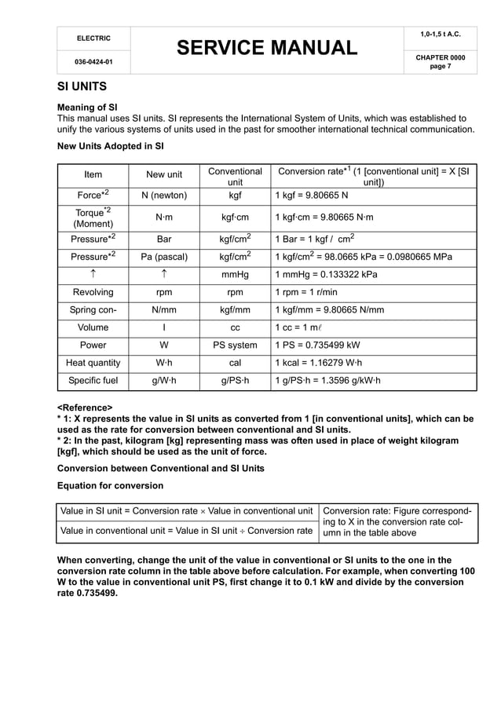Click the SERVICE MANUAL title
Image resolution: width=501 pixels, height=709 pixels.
[266, 49]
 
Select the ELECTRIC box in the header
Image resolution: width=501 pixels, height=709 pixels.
[93, 38]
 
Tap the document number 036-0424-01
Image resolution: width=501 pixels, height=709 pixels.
[93, 61]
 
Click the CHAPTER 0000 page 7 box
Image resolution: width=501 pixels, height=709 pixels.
[439, 61]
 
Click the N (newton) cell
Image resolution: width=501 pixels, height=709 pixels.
[164, 195]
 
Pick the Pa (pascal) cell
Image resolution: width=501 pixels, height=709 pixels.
[164, 257]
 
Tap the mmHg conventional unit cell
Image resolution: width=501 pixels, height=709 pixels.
[235, 275]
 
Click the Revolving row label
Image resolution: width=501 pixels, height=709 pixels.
[93, 292]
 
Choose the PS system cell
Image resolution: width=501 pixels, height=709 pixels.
[235, 345]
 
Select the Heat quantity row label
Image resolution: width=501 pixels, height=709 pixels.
[93, 363]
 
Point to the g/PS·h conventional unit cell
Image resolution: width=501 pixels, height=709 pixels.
[235, 381]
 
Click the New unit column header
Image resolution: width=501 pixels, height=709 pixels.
[164, 174]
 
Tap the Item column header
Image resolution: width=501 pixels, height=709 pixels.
[93, 174]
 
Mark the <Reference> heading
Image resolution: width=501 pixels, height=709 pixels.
[85, 407]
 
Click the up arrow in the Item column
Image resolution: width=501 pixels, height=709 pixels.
[93, 275]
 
